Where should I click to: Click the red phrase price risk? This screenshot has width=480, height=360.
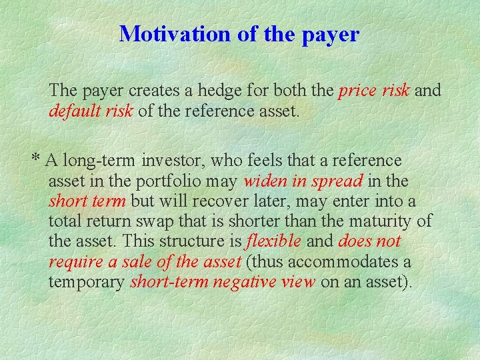[374, 90]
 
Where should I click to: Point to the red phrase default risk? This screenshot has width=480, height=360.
[91, 110]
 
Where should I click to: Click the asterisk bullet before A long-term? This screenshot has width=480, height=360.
[36, 160]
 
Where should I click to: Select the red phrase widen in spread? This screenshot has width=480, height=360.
[303, 181]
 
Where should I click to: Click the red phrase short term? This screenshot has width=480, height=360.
[87, 201]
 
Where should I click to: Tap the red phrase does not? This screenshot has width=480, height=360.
[370, 241]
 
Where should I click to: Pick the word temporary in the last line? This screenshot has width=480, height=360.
[86, 282]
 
